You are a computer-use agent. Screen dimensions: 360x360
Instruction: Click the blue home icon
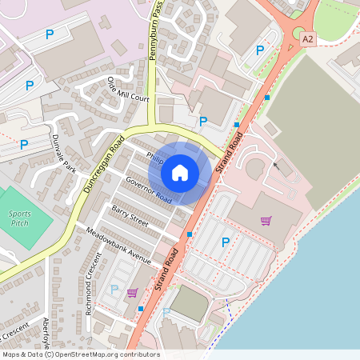point(180,172)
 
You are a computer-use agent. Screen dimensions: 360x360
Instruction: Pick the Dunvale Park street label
point(63,154)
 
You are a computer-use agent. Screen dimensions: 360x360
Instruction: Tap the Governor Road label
point(148,190)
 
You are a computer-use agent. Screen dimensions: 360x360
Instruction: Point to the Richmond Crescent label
point(93,284)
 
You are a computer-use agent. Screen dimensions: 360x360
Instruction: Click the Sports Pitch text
point(20,218)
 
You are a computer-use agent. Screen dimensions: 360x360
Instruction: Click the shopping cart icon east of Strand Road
point(266,221)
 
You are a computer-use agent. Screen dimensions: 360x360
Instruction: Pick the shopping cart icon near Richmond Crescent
point(132,293)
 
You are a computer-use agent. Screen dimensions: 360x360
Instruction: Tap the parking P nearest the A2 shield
point(259,50)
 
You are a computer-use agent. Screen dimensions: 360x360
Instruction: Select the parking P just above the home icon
point(203,122)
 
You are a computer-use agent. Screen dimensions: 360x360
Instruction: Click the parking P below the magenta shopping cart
point(225,242)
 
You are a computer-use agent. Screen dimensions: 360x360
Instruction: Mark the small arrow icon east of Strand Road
point(276,166)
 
